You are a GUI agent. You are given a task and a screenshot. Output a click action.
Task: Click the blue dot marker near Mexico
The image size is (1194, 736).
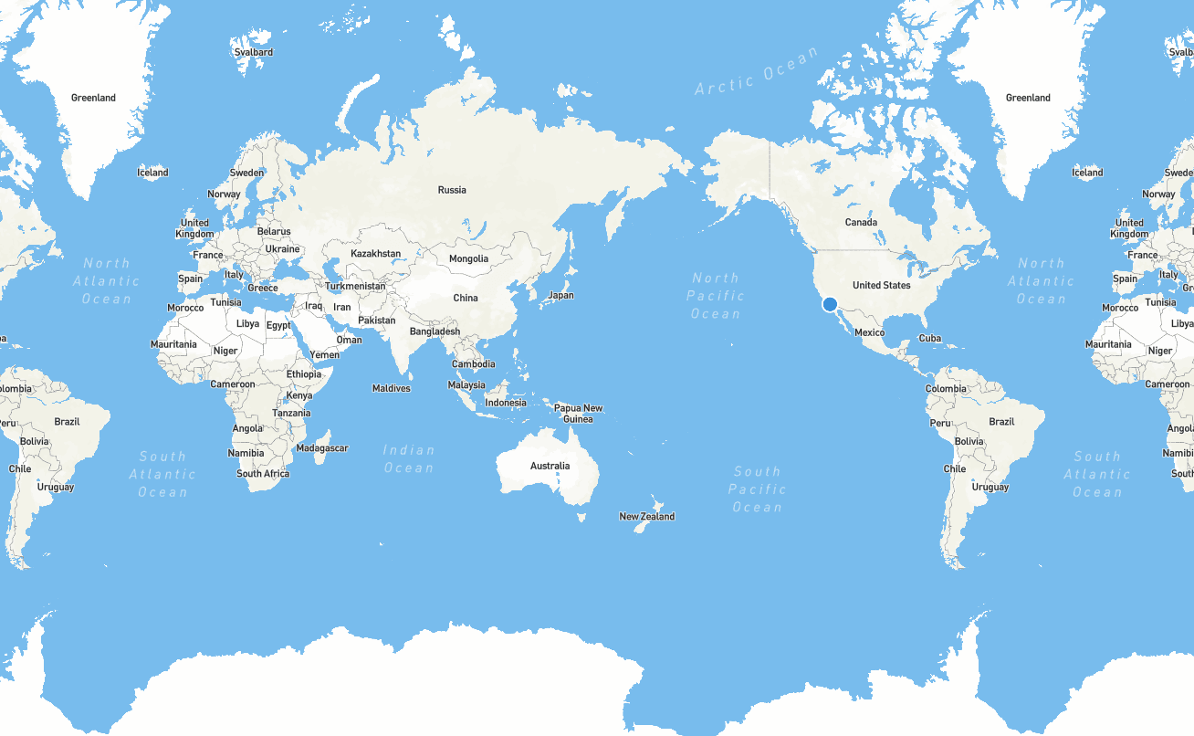[830, 304]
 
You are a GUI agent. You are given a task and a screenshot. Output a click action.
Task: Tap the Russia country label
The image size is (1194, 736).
[452, 190]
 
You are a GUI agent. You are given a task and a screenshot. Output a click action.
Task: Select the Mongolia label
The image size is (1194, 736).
[468, 258]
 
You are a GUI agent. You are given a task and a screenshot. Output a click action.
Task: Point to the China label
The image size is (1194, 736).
[466, 298]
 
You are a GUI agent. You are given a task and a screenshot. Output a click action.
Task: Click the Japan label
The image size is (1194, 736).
[560, 295]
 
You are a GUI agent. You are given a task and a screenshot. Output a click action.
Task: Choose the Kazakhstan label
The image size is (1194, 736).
[375, 253]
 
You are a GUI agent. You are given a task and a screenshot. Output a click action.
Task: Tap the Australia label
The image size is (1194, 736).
[550, 466]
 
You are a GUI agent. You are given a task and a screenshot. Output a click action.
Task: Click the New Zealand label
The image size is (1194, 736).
[646, 517]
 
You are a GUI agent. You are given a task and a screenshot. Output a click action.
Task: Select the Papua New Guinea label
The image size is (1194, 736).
[579, 414]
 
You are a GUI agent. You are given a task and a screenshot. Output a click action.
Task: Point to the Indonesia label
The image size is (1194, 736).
[506, 403]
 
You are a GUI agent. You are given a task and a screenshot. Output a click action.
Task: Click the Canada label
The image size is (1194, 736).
[861, 222]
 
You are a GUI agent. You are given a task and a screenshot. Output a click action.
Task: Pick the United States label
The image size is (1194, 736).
[881, 285]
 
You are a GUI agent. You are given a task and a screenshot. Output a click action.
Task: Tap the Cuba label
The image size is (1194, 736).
[929, 338]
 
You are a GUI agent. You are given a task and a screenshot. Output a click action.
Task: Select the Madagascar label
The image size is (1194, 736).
[322, 448]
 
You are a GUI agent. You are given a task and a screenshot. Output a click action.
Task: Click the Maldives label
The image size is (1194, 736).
[391, 388]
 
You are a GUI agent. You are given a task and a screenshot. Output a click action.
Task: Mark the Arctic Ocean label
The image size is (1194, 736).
[757, 72]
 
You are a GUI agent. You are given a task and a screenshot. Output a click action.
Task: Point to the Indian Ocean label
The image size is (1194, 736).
[408, 458]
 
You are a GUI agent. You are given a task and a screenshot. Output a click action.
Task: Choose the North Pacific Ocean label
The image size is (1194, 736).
[716, 296]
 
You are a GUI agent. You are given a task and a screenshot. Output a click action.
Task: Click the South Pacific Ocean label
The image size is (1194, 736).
[757, 489]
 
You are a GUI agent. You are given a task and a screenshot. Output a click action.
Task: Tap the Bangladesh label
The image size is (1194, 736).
[435, 331]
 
